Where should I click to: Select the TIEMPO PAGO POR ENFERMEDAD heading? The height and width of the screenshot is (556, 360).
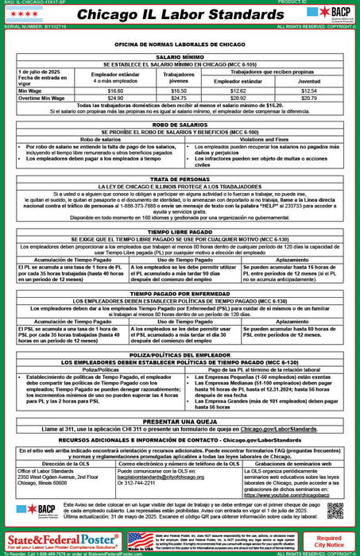pyautogui.click(x=179, y=293)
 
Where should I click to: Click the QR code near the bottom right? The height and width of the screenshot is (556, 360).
pyautogui.click(x=334, y=510)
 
